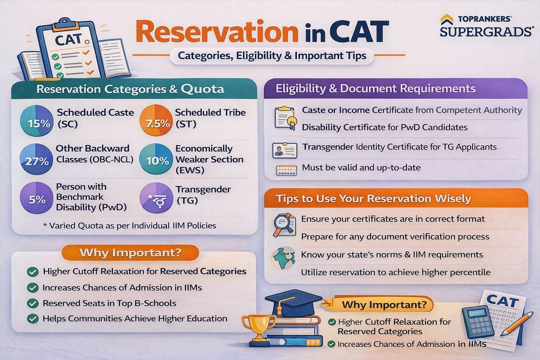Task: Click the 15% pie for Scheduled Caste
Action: coord(37,121)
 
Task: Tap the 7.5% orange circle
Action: coord(156,121)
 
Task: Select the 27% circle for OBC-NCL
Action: coord(36,159)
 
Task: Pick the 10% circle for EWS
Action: coord(156,159)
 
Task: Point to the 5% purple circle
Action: coord(36,198)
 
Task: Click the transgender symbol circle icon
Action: coord(156,198)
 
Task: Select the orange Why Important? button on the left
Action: coord(130,253)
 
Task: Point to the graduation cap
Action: coord(292,302)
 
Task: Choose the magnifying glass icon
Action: coord(284,224)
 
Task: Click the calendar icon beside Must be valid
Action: coord(287,171)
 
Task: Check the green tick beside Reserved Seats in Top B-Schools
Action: coord(33,303)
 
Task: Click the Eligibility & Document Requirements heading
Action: coord(375,89)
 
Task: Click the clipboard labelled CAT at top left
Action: coord(70,49)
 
